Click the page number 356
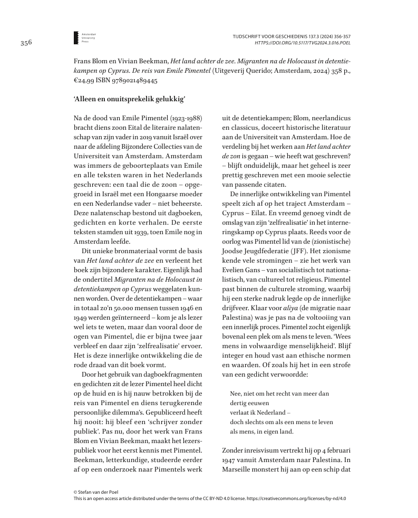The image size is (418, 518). (x=27, y=43)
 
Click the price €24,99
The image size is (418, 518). (x=85, y=81)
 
